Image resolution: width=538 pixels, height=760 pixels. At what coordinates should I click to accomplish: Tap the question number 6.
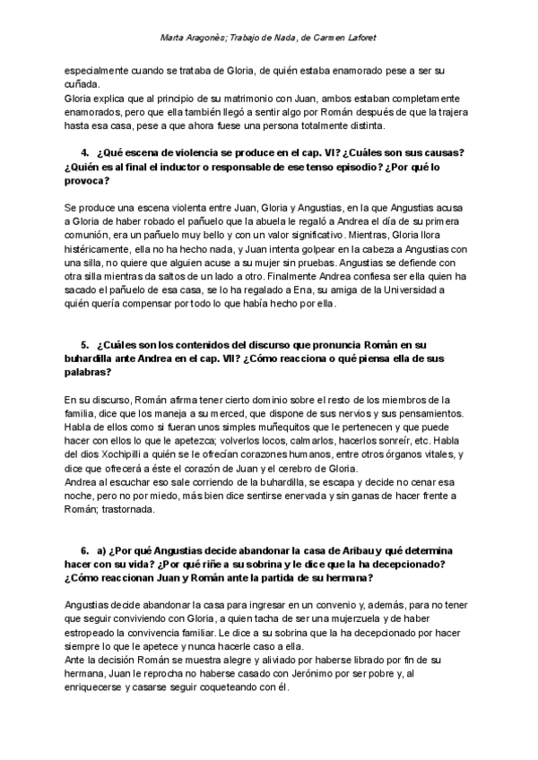point(84,547)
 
